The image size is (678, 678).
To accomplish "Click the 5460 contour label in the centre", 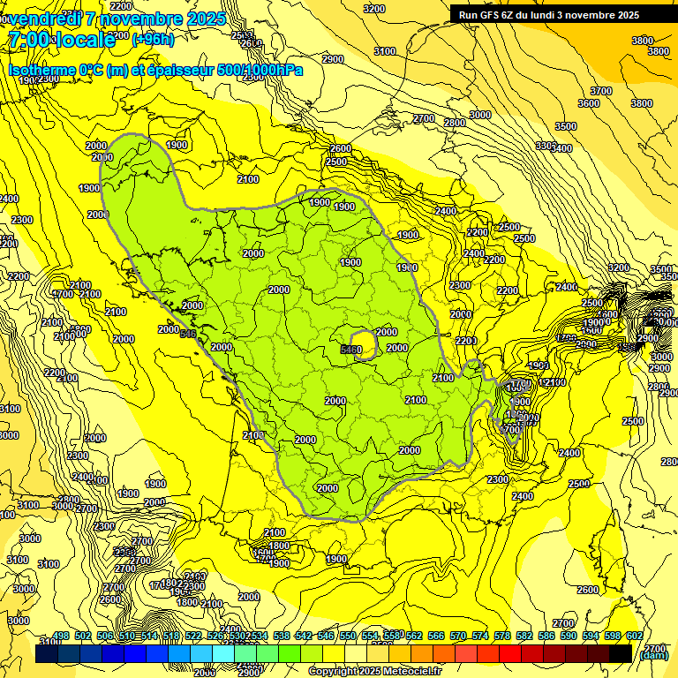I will [x=350, y=350].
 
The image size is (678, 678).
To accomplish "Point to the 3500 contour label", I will [x=565, y=127].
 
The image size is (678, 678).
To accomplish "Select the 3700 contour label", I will [x=600, y=91].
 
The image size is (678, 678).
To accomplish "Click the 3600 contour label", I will [x=588, y=103].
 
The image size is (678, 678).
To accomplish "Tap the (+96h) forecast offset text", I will [x=153, y=40].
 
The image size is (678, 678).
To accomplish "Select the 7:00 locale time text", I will [x=61, y=40].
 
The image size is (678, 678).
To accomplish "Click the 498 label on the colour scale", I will [x=61, y=637].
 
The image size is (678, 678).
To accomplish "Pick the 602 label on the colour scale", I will [x=634, y=637].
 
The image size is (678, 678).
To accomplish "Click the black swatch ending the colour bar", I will [x=620, y=653].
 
